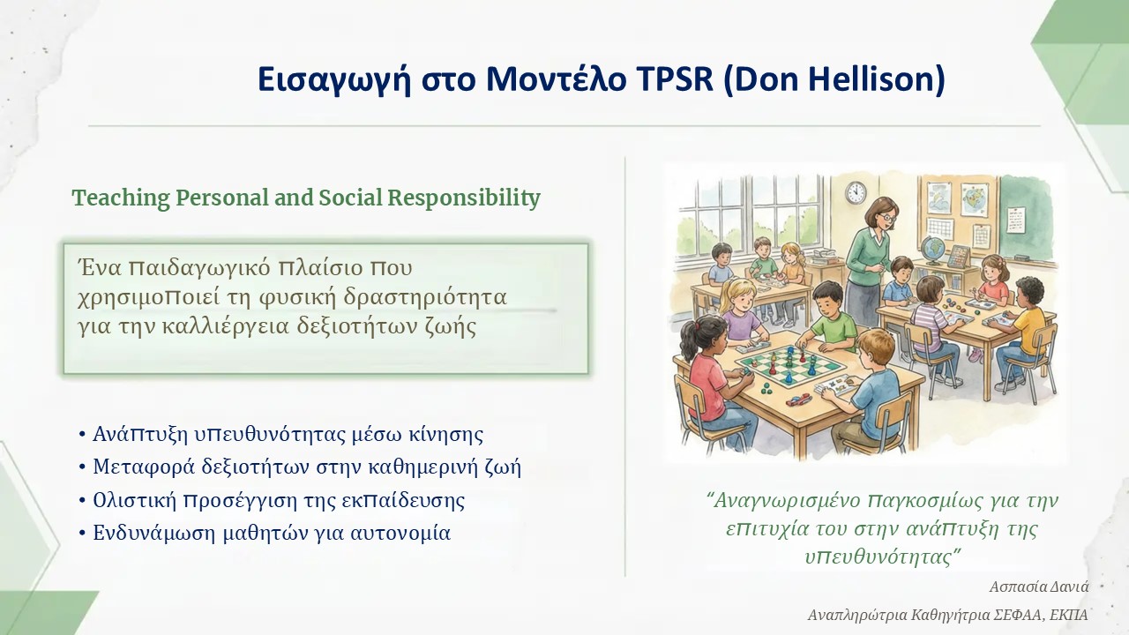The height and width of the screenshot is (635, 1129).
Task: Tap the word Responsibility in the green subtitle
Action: [464, 198]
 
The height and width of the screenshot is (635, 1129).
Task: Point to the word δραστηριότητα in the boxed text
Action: [425, 298]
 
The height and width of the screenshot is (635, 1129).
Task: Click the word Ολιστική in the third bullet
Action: [135, 500]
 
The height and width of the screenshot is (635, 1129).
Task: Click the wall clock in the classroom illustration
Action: [856, 192]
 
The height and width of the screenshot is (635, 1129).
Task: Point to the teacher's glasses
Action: [887, 219]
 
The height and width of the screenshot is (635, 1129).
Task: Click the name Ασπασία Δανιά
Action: [1039, 586]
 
